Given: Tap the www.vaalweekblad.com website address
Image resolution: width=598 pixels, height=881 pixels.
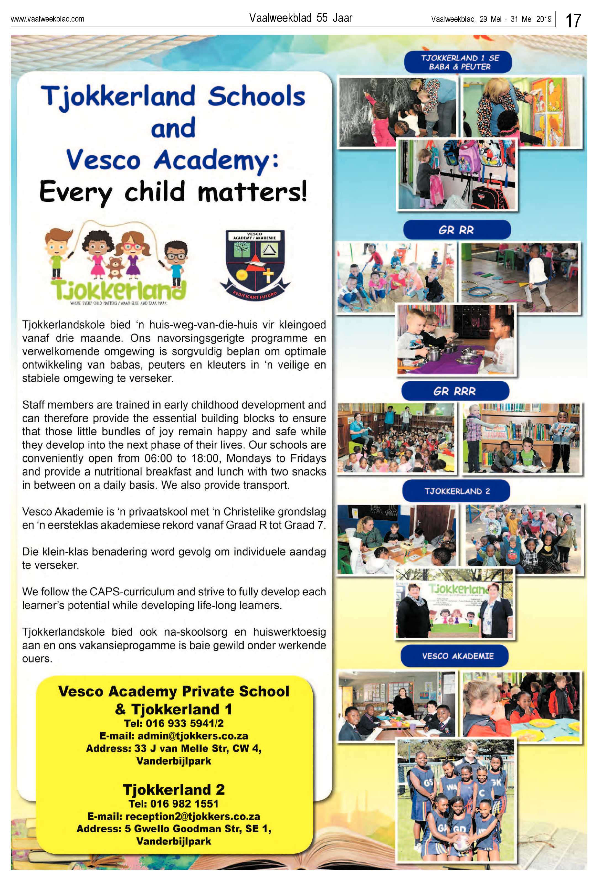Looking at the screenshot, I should tap(47, 19).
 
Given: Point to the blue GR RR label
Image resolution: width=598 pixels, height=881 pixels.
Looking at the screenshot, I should tap(456, 230).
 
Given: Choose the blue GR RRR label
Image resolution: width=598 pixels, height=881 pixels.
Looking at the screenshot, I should tap(454, 391).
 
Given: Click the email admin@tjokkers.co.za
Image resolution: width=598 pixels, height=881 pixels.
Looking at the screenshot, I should tap(193, 736).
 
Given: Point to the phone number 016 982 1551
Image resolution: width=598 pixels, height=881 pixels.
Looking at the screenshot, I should tap(184, 804).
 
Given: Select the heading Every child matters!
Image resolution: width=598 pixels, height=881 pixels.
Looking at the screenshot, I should tap(173, 192).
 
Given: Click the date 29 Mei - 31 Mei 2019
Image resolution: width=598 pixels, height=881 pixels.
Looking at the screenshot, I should tap(515, 19).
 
